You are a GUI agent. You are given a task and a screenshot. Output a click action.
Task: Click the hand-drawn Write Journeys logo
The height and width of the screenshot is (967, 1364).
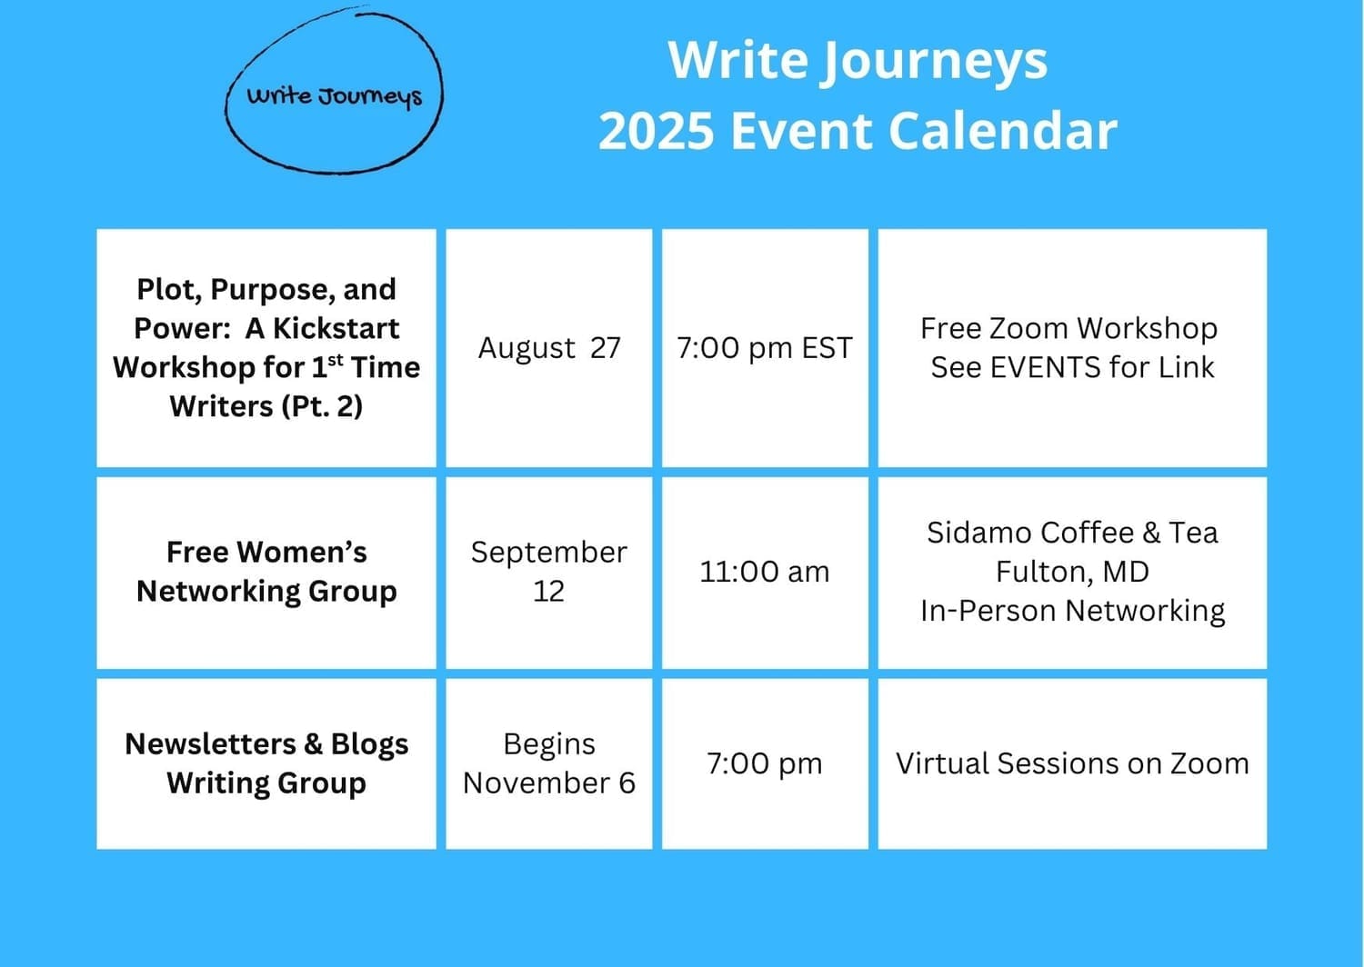334,90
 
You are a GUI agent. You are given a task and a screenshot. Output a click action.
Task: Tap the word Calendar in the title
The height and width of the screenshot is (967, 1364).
1003,130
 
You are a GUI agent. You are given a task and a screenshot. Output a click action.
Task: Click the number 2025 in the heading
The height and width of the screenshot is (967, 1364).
656,130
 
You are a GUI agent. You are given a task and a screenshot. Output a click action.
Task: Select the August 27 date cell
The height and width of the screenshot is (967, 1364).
548,348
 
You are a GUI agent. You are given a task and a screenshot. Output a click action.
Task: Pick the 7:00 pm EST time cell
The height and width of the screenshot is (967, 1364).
765,348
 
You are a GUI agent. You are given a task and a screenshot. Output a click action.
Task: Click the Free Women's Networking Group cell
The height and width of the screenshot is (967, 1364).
266,573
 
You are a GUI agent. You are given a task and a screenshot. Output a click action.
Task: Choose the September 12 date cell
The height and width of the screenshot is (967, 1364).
548,573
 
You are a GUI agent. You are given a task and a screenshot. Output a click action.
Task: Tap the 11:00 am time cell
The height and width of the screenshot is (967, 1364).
765,573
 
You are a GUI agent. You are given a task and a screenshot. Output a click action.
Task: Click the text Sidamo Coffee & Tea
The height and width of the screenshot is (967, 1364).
1072,533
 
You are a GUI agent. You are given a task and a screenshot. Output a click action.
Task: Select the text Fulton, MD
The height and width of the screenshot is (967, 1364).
1072,572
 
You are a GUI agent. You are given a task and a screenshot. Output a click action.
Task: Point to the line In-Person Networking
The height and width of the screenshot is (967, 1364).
1072,611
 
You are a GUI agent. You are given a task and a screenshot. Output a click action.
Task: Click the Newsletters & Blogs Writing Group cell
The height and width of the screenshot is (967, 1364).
266,763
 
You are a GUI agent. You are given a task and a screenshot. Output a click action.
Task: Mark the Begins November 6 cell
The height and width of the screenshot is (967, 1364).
548,763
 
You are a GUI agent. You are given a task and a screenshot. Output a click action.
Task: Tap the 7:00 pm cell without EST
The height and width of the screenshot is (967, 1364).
765,763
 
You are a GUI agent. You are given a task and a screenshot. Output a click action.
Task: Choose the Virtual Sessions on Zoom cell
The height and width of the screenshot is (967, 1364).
1072,763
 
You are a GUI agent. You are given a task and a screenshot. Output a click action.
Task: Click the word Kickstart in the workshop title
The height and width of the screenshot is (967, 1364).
336,329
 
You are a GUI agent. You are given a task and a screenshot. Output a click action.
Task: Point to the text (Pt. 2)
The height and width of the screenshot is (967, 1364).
322,406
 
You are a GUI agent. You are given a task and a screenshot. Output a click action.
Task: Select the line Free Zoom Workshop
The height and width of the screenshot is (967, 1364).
1068,329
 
